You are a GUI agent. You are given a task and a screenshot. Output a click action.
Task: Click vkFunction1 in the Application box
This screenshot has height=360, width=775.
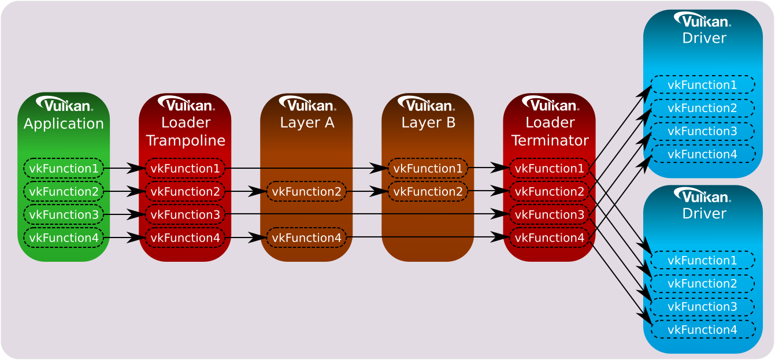coord(64,168)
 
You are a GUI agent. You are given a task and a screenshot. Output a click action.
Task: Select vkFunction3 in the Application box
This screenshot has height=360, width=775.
coord(64,214)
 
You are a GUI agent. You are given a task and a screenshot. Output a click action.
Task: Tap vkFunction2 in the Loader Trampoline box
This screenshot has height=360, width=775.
coord(185,191)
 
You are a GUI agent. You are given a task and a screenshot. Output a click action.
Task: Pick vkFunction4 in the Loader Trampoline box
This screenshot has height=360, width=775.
coord(185,237)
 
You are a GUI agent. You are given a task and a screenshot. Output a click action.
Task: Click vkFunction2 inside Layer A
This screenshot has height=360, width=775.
coord(306,191)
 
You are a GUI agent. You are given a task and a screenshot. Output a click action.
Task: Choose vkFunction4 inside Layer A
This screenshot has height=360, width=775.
coord(306,237)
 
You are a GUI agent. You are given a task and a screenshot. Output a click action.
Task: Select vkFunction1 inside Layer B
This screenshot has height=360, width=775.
coord(428,168)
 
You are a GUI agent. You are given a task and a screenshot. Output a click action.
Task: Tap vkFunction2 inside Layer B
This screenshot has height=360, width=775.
coord(428,191)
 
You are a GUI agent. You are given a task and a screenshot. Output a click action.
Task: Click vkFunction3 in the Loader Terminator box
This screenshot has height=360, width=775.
coord(549,214)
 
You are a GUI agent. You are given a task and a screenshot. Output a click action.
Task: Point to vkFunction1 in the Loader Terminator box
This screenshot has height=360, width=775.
coord(549,168)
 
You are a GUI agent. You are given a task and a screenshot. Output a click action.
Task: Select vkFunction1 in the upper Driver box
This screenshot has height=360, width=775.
coord(702,85)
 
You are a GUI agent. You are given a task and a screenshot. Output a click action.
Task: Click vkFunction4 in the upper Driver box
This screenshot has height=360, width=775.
coord(702,154)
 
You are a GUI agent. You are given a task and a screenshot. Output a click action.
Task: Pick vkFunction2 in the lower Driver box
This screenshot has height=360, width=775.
coord(702,284)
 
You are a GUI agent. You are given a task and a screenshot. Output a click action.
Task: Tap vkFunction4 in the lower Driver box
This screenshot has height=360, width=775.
coord(702,330)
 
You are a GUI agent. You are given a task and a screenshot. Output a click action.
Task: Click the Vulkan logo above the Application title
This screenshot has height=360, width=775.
coord(64,104)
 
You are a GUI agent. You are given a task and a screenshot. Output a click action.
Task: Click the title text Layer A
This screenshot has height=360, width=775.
coord(307,123)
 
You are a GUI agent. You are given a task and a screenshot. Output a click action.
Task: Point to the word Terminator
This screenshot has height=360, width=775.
coord(550,140)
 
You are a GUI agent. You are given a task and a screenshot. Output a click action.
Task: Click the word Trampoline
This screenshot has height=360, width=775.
coord(186,140)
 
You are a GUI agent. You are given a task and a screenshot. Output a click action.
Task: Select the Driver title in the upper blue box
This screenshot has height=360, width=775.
coord(704,38)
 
